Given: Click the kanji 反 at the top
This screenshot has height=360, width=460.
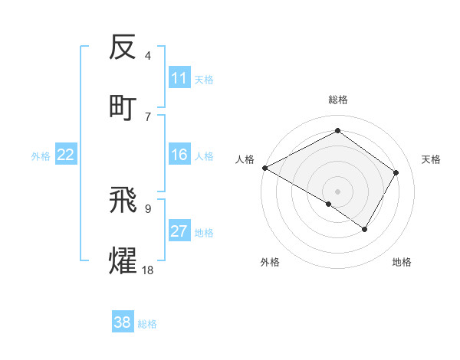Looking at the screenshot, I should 123,47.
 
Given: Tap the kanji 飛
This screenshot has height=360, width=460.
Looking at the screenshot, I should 123,201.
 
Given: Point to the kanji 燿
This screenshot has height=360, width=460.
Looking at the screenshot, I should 123,260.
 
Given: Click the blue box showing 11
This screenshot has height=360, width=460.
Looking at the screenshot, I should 179,78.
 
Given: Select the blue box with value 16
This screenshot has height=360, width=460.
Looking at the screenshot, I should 179,155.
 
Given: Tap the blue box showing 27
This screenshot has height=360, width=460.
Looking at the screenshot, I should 179,231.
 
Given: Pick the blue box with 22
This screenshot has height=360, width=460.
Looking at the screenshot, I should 66,155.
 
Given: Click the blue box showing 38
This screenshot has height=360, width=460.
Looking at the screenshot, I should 123,322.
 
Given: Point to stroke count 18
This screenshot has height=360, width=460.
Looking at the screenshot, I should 148,270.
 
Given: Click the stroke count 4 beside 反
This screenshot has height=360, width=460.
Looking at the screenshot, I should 148,55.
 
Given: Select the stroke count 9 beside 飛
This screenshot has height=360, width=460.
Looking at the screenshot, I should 148,208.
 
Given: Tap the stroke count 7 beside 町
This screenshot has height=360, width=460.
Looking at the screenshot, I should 148,116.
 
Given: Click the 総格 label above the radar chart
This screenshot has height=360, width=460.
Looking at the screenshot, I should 337,100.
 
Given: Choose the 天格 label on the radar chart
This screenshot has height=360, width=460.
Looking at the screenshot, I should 431,159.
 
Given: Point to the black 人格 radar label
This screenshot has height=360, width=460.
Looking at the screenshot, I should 245,159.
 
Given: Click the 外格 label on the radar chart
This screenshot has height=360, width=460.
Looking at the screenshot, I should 270,262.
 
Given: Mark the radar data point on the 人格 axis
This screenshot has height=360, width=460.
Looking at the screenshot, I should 264,168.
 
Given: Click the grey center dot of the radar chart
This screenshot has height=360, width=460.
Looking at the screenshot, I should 337,191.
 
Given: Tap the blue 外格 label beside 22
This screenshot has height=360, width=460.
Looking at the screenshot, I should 41,155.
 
